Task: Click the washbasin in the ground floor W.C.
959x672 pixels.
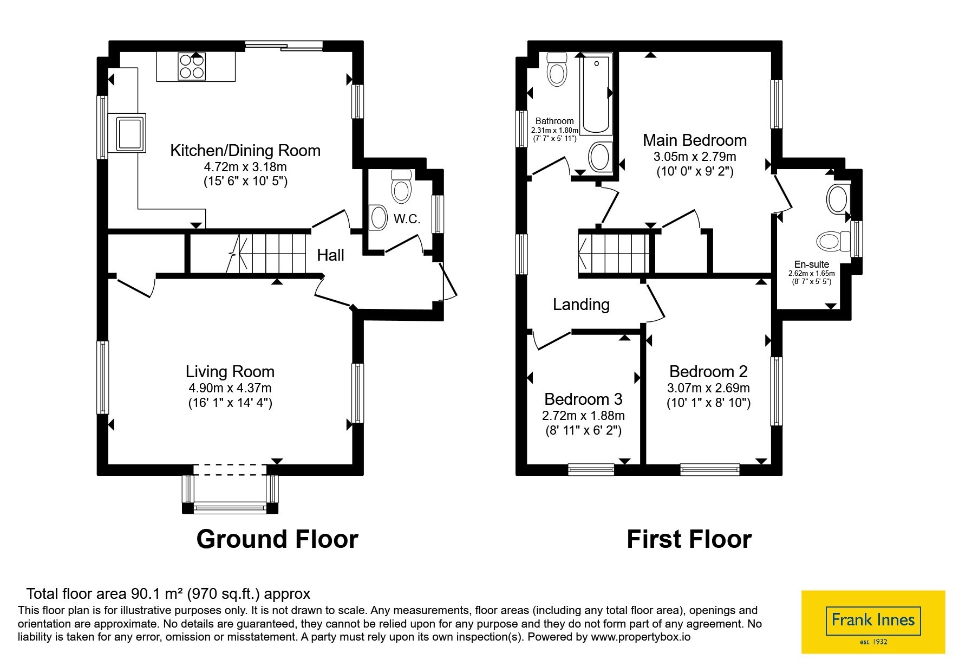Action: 378,218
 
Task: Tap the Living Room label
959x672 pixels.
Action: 230,372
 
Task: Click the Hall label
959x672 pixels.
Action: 330,255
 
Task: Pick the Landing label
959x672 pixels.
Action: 581,305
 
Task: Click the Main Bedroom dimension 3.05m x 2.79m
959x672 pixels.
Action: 695,157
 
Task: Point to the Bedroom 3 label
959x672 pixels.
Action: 583,399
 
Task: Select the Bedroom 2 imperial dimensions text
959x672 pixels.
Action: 708,403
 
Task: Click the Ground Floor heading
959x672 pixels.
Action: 277,539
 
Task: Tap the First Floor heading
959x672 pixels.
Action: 689,539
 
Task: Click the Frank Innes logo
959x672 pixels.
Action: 873,622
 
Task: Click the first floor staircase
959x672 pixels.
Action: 614,253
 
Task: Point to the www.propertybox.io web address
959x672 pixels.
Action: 641,637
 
